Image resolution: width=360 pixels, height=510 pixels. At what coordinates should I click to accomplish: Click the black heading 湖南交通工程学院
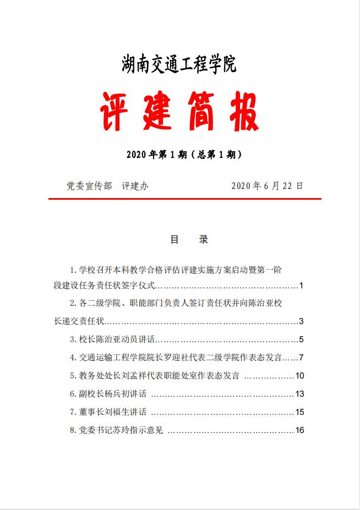click(179, 65)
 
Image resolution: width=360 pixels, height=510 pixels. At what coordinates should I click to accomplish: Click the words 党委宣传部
click(89, 186)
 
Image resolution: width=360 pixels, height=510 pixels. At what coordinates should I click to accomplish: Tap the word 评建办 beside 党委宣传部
click(135, 186)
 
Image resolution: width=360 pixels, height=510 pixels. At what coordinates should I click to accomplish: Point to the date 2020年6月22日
click(267, 186)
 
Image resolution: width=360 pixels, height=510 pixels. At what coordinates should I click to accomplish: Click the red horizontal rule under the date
click(184, 199)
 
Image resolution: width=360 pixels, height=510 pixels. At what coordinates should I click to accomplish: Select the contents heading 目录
click(188, 240)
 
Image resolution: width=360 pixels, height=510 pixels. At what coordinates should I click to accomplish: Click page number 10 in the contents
click(299, 376)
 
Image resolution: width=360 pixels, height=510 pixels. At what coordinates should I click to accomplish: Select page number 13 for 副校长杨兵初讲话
click(299, 394)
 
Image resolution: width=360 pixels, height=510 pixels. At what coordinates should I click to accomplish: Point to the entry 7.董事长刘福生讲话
click(108, 412)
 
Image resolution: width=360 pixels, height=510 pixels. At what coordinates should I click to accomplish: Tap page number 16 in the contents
click(299, 430)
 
